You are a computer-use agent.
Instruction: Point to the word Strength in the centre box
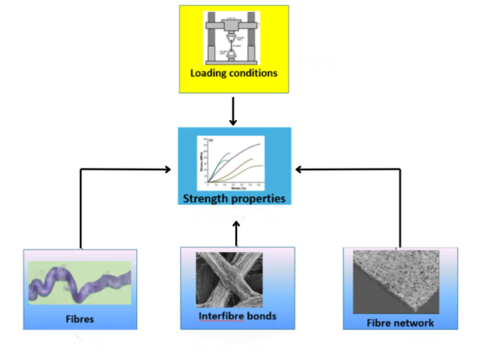point(206,198)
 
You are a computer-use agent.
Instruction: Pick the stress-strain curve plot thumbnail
point(234,163)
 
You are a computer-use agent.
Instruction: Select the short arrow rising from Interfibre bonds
point(236,232)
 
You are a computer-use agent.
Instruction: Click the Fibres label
point(80,319)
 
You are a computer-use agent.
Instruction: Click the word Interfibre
point(221,316)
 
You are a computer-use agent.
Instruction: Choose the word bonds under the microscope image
point(262,316)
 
